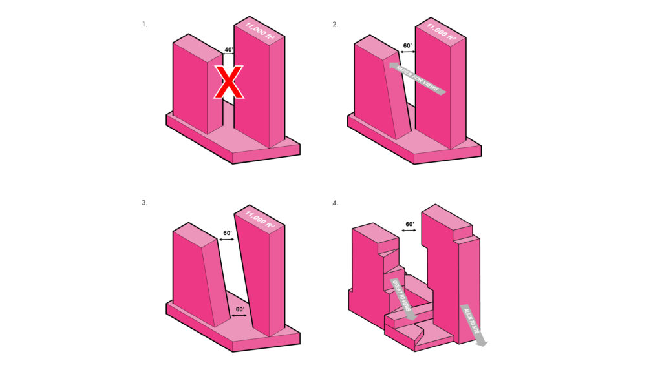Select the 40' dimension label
point(228,49)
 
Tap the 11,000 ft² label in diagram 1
point(258,33)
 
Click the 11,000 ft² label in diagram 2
point(441,33)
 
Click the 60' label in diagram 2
point(408,46)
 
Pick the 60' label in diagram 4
point(409,224)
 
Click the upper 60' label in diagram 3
point(227,232)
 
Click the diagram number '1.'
point(145,25)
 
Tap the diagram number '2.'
point(335,25)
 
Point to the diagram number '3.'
point(145,202)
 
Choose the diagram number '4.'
point(335,202)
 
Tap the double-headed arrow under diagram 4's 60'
point(409,232)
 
